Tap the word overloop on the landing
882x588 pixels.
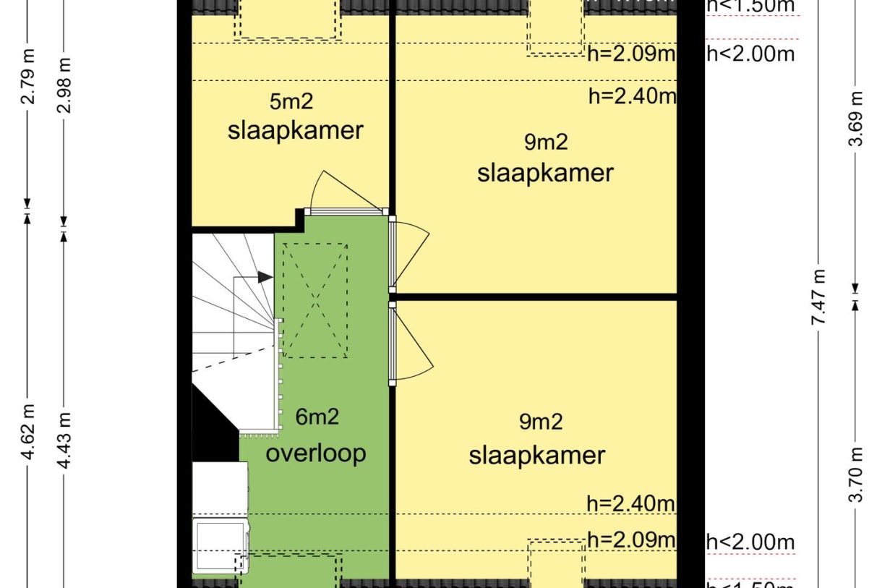[x=316, y=453]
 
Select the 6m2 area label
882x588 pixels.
[x=317, y=417]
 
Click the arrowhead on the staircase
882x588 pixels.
[x=266, y=276]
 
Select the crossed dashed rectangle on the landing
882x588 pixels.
[x=314, y=300]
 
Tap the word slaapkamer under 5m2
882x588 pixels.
[x=295, y=131]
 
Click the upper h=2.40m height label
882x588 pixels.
[x=631, y=96]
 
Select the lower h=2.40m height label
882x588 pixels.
[x=631, y=503]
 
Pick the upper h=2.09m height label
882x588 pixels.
[x=631, y=54]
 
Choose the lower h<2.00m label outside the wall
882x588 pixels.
[x=750, y=541]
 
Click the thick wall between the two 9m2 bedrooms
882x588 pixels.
[x=535, y=297]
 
